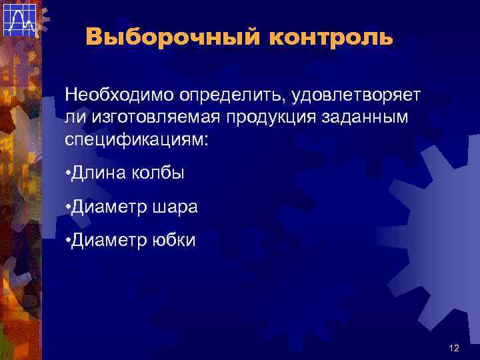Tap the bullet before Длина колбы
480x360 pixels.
click(69, 175)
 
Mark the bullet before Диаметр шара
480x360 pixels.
click(69, 207)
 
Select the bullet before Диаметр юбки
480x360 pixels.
click(69, 240)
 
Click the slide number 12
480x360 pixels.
click(455, 348)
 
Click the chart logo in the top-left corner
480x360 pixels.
click(19, 19)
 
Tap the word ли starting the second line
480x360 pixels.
click(72, 118)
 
